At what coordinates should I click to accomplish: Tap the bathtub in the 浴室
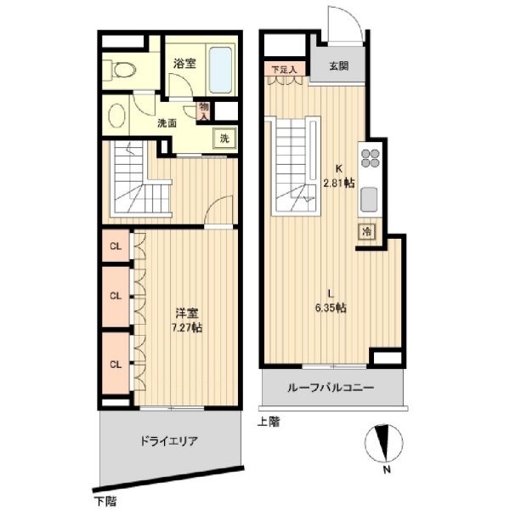(220, 71)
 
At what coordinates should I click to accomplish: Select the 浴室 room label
(184, 64)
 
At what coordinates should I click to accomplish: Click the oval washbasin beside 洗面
(116, 116)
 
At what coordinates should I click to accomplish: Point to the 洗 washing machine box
(224, 139)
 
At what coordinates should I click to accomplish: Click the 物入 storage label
(204, 111)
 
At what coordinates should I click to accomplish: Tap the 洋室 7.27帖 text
(187, 320)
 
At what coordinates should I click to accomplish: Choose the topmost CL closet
(116, 246)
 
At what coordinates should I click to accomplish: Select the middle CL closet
(116, 296)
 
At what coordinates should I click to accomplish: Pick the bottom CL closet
(116, 364)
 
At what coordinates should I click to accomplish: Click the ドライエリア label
(169, 441)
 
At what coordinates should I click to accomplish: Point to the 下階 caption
(105, 501)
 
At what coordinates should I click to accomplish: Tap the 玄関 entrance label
(339, 66)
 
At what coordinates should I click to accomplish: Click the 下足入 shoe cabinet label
(284, 70)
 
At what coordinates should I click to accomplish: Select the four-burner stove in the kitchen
(371, 158)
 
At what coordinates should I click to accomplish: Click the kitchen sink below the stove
(369, 200)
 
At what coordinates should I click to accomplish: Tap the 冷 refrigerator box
(366, 232)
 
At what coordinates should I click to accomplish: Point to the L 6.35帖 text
(331, 301)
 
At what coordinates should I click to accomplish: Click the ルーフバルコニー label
(331, 388)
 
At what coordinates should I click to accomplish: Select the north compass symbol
(384, 443)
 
